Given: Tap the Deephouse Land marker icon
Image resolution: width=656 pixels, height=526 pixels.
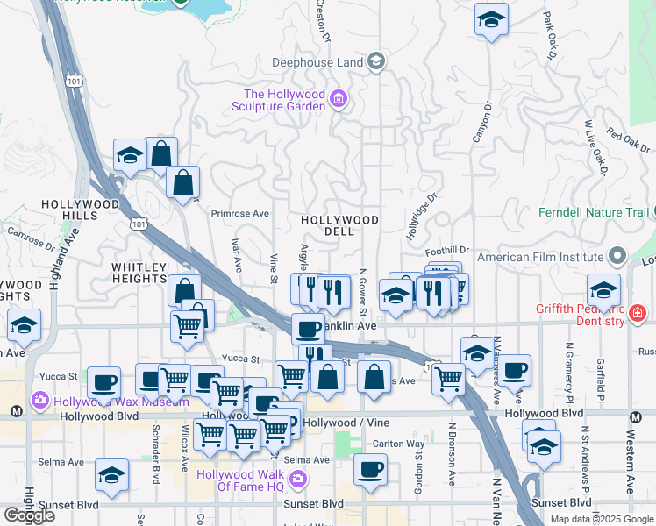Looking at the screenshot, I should pyautogui.click(x=376, y=61).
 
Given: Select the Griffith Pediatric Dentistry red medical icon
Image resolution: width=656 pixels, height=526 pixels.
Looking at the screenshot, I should pyautogui.click(x=637, y=313).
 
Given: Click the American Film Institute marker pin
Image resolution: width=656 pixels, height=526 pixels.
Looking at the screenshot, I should pyautogui.click(x=617, y=257).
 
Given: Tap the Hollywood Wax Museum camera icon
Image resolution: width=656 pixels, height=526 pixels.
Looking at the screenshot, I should pyautogui.click(x=40, y=401).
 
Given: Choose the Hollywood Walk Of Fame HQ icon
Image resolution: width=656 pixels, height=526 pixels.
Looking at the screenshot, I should pyautogui.click(x=297, y=479).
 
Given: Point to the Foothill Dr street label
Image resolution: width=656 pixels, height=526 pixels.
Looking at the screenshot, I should pyautogui.click(x=448, y=249).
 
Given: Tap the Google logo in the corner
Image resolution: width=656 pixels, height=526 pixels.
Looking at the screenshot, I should pyautogui.click(x=29, y=515).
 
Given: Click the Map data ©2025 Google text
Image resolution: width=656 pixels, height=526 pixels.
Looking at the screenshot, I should pyautogui.click(x=601, y=518).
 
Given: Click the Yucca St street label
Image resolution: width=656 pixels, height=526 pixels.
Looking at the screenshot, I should pyautogui.click(x=240, y=358).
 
